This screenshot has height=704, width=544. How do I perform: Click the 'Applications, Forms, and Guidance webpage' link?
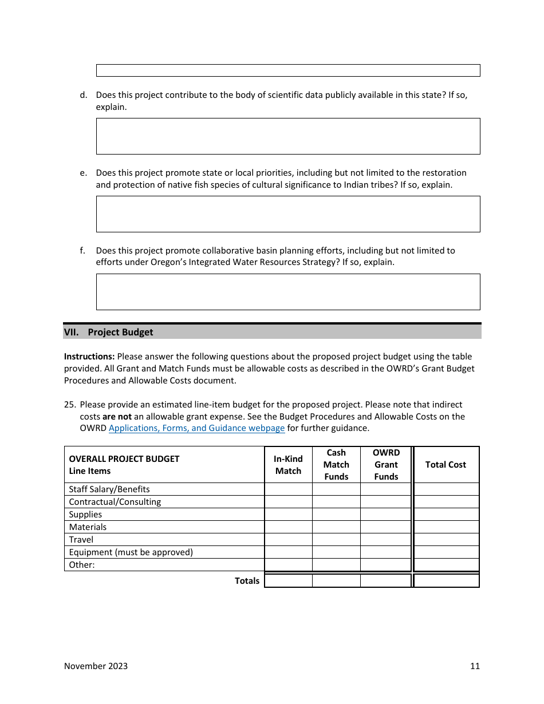pos(196,428)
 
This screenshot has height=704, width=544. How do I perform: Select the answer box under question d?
pos(287,136)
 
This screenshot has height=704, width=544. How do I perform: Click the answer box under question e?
pos(287,214)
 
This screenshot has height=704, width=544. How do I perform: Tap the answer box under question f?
pos(287,292)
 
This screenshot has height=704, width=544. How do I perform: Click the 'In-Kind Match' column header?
pos(288,465)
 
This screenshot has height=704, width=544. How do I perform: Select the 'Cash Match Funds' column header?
pos(336,465)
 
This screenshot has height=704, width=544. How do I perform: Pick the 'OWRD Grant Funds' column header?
pos(386,465)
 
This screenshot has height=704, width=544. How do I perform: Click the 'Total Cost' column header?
pos(446,465)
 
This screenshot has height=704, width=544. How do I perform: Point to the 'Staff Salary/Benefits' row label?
pos(109,489)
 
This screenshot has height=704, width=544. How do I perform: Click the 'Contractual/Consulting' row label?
pos(115,502)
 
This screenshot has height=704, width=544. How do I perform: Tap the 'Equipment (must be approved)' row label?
pos(131,552)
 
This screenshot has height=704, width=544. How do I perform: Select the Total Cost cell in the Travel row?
pos(446,540)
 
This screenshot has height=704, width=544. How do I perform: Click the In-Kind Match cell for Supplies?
pos(288,515)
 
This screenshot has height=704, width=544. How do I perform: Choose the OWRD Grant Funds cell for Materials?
pos(386,527)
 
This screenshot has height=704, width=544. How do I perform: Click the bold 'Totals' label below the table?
pos(247,580)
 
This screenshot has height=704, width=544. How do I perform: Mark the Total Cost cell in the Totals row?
pos(446,580)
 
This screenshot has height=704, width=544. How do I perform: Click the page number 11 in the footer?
pos(475,666)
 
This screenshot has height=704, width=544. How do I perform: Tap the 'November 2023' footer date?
pos(96,666)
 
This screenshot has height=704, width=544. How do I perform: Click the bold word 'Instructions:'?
pos(89,357)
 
